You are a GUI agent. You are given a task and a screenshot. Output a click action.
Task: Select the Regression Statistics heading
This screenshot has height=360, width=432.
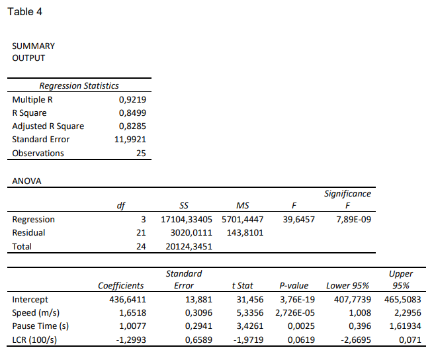click(79, 85)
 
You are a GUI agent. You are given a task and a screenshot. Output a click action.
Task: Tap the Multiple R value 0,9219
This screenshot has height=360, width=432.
click(132, 100)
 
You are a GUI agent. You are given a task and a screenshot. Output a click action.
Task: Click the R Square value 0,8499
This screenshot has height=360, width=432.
click(132, 113)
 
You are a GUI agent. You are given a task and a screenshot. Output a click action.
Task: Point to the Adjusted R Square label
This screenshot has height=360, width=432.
click(48, 126)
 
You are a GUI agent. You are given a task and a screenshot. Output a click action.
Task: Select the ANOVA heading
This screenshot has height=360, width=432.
click(27, 181)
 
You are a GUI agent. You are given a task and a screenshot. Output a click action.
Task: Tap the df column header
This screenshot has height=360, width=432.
click(120, 206)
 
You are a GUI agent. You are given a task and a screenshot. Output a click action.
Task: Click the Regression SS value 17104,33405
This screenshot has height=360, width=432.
click(189, 220)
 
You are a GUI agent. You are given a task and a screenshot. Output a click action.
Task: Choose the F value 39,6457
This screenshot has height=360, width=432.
click(299, 220)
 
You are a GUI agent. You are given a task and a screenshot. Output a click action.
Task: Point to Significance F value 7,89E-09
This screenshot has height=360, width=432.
click(353, 220)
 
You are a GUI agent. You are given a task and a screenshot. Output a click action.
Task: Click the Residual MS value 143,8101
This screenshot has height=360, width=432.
click(245, 233)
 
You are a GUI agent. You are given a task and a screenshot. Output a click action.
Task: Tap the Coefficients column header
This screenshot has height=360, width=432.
click(120, 286)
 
